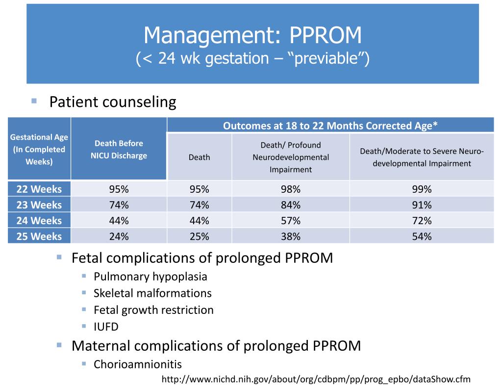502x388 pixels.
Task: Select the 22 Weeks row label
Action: pos(39,189)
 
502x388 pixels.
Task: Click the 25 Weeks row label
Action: pos(39,236)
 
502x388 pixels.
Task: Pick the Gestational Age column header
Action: pos(39,149)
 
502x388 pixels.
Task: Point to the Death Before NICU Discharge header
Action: pos(119,149)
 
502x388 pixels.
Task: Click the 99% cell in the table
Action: pos(422,189)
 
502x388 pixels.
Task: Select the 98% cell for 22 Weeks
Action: pos(291,189)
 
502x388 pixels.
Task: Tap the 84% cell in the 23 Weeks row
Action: pos(291,205)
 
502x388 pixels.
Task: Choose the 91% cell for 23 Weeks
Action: pos(422,205)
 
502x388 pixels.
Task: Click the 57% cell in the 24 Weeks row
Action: pos(291,221)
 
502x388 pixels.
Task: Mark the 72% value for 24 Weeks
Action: pos(422,221)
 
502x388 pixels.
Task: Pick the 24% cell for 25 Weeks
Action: pos(119,236)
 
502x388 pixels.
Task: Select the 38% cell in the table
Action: pos(291,236)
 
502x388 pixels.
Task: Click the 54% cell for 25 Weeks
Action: pos(422,236)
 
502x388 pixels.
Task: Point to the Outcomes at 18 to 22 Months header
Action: pos(330,126)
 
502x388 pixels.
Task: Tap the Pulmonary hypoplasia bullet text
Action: pos(151,277)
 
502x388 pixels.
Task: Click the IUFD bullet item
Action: pos(106,327)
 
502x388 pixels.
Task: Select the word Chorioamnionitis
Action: pos(138,364)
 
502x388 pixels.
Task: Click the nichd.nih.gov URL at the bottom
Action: pos(316,379)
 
